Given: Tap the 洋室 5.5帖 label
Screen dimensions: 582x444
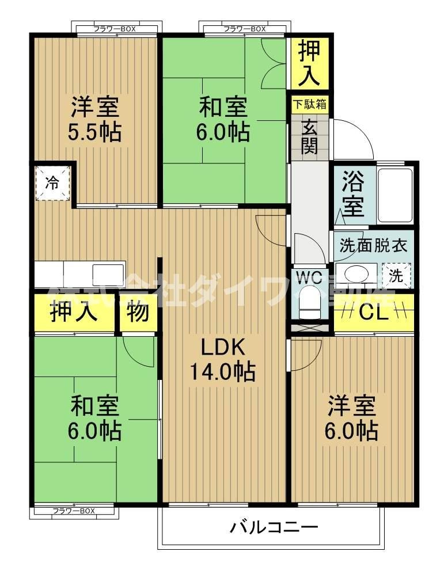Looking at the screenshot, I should [96, 120].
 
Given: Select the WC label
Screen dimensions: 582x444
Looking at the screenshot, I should [309, 277].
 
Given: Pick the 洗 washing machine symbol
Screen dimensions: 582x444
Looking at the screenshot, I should [397, 275].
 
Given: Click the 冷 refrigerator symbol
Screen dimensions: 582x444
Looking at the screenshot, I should [52, 184].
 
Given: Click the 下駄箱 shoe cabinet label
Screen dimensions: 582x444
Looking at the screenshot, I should [309, 105].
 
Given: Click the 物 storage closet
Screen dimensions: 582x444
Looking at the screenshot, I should [138, 313].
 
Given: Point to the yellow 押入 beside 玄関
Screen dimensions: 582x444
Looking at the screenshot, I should [309, 62].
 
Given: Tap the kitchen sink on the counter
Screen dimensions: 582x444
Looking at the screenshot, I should [108, 273].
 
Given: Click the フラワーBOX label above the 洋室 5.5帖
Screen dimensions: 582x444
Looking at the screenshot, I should [114, 29].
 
